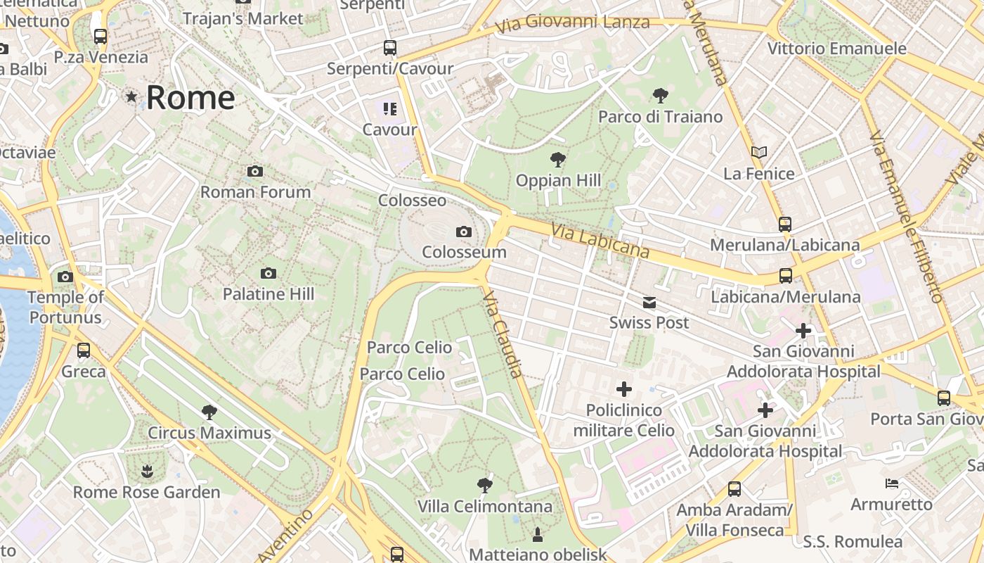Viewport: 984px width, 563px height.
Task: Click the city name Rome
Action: pos(190,97)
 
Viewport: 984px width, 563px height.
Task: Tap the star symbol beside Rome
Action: pos(131,96)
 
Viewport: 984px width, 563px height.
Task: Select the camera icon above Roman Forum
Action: pos(255,171)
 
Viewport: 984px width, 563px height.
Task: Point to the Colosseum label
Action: pos(464,252)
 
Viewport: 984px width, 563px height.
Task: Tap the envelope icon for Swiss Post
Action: pos(649,303)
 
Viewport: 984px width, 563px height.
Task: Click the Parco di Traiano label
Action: pos(660,117)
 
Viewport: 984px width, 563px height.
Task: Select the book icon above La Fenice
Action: pos(758,152)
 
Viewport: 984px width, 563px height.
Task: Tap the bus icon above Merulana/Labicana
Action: pos(784,224)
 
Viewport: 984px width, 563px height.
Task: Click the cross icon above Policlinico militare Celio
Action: pos(623,388)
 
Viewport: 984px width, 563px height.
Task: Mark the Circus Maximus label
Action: pos(209,432)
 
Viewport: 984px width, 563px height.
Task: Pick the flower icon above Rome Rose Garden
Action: pos(147,471)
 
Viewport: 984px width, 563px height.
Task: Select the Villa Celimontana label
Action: pos(484,506)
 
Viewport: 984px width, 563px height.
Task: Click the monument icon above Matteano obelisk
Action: pos(538,534)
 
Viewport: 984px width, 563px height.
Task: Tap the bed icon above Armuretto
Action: pos(891,483)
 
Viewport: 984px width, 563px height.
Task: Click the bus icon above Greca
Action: pos(84,350)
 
